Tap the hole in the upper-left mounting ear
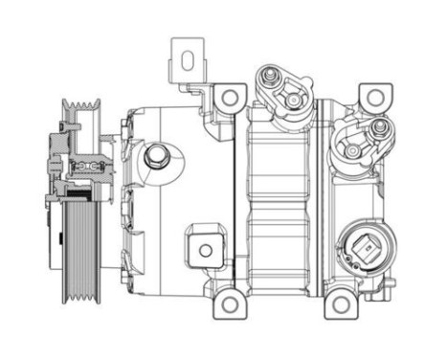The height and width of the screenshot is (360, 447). pyautogui.click(x=230, y=97)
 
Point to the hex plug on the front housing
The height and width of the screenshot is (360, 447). pyautogui.click(x=157, y=155)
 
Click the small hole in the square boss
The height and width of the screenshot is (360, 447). pyautogui.click(x=204, y=252)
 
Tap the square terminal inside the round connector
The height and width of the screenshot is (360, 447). pyautogui.click(x=366, y=251)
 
